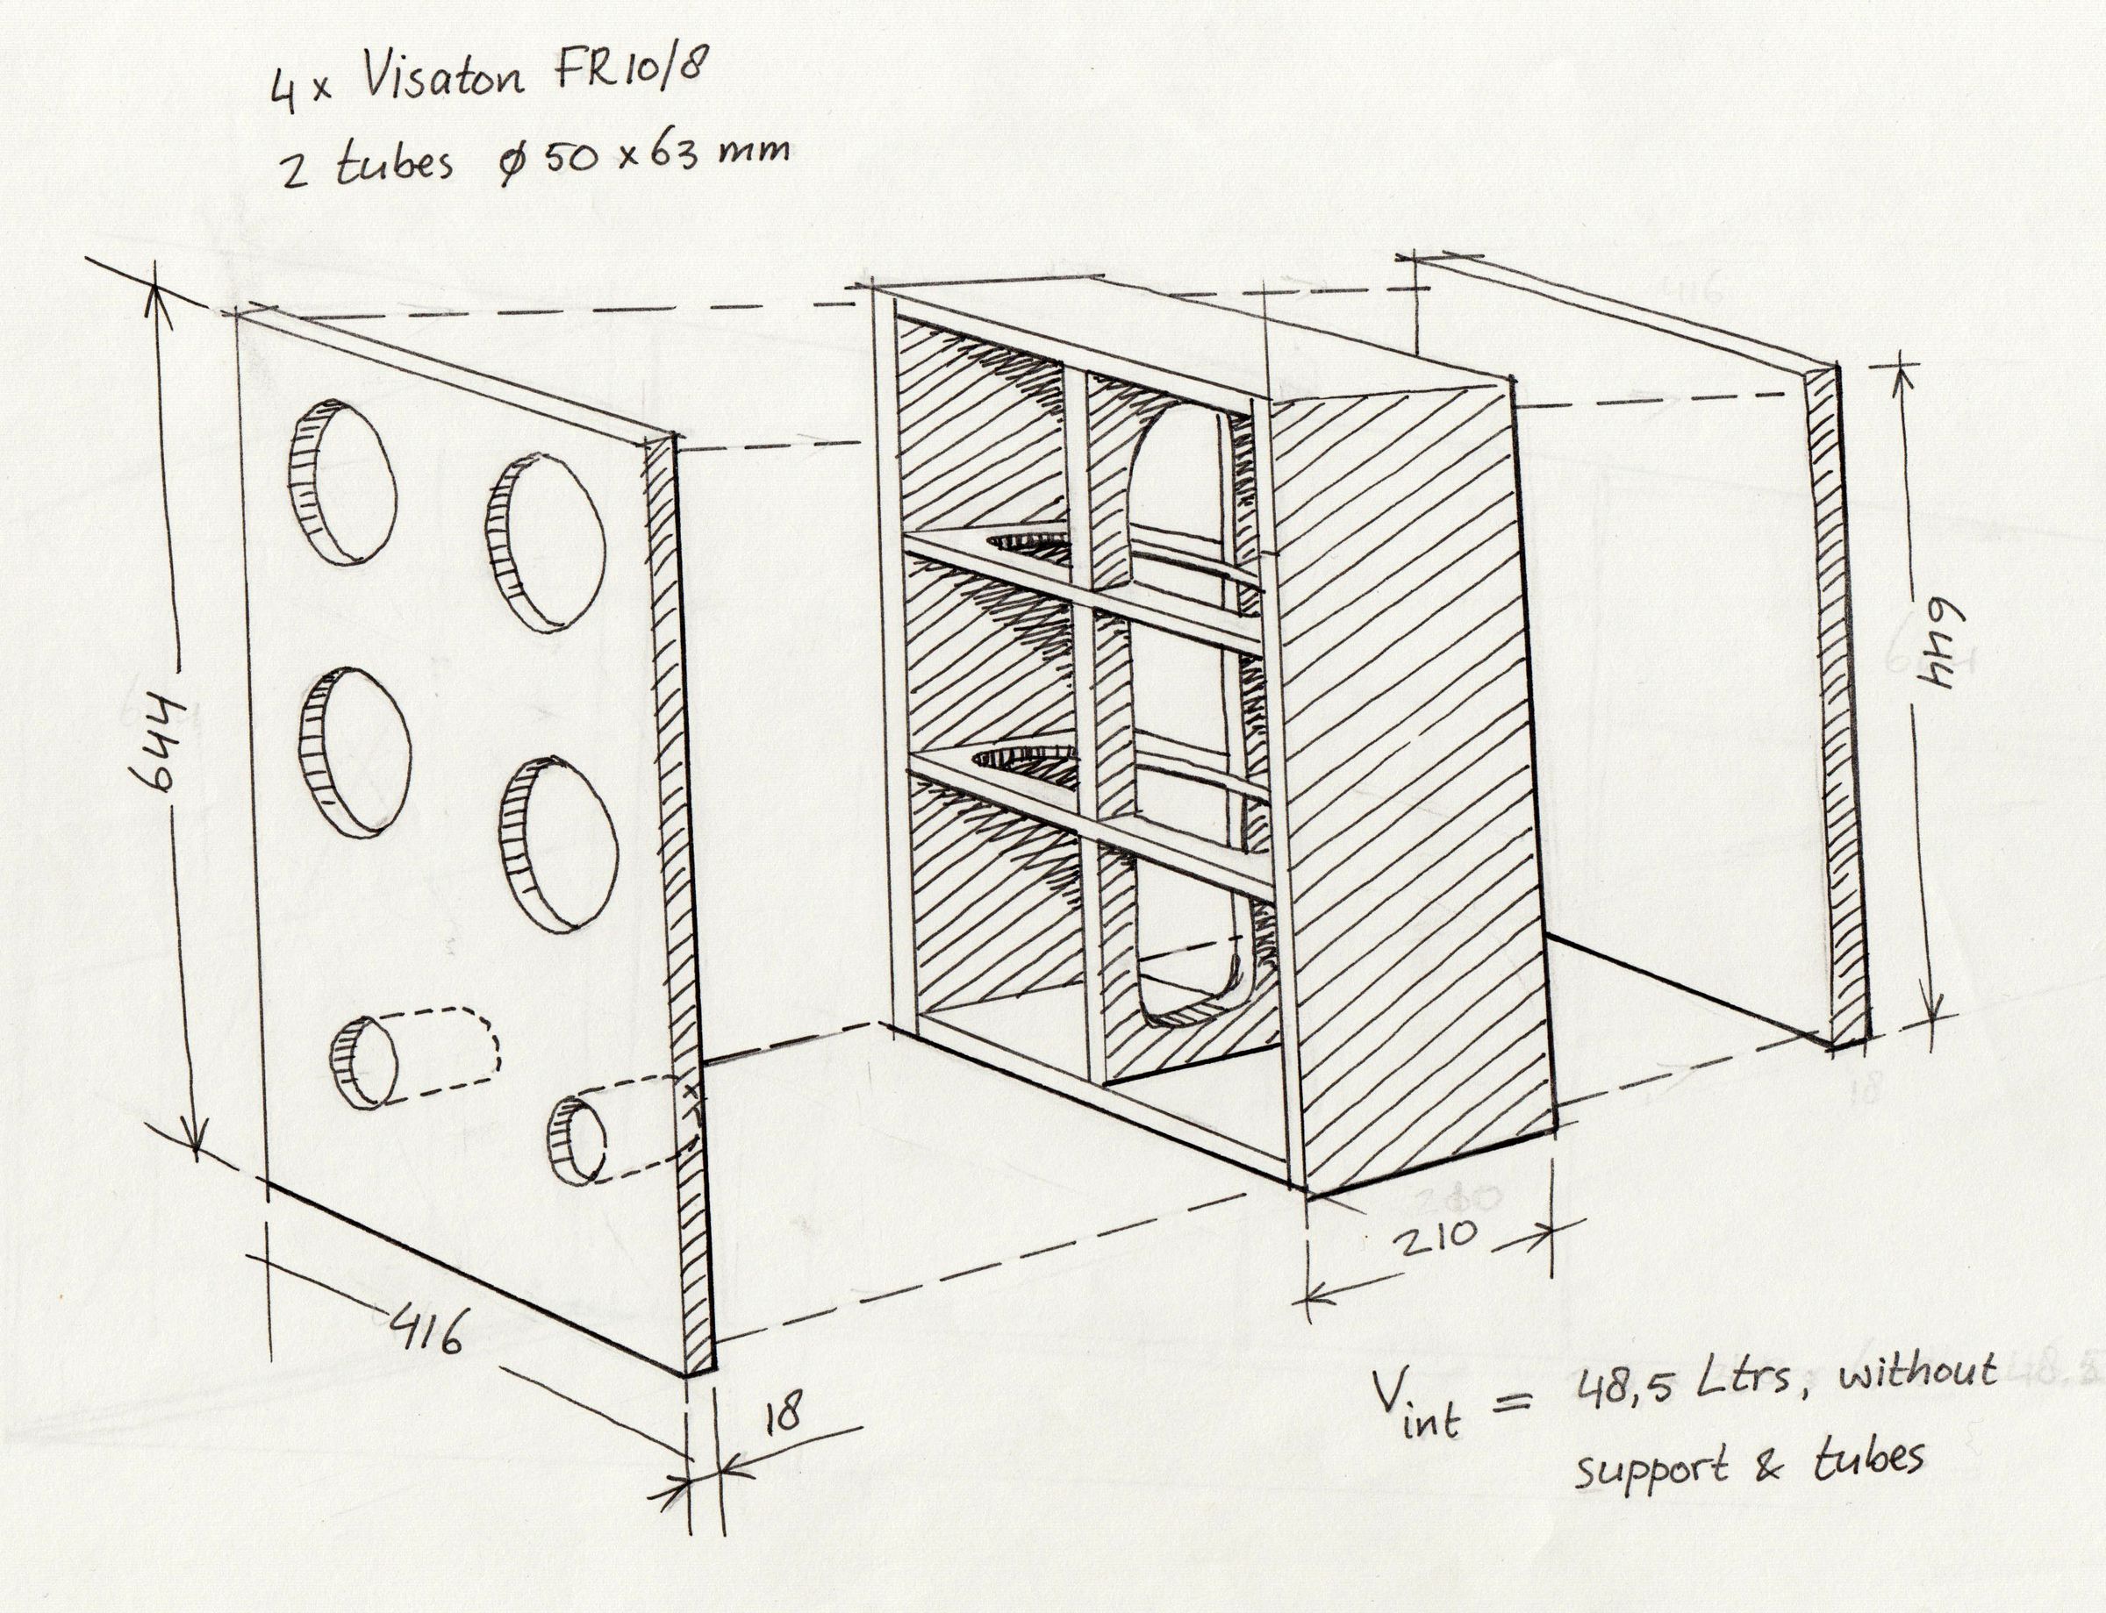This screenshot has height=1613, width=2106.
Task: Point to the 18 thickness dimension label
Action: point(784,1412)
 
